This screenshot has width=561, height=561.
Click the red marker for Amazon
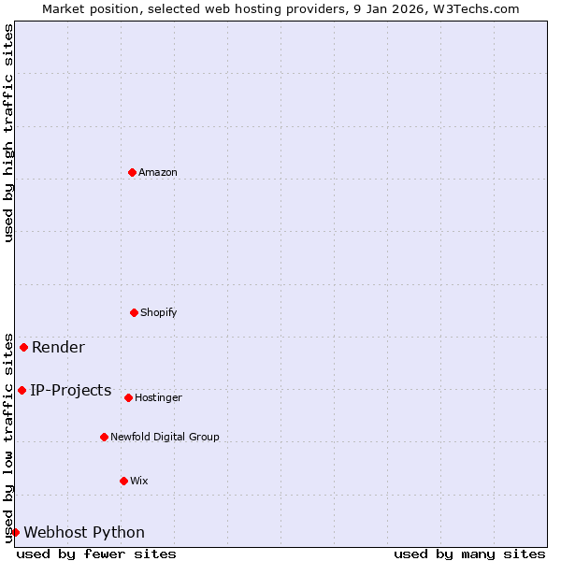coord(132,172)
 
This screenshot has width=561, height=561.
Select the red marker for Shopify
coord(134,312)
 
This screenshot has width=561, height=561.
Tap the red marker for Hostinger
coord(128,397)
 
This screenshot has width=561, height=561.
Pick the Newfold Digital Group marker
coord(104,437)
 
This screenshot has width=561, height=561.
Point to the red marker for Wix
coord(123,481)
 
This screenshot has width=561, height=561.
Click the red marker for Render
coord(23,347)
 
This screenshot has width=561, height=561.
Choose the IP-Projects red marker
coord(22,390)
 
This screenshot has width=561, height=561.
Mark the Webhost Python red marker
coord(15,532)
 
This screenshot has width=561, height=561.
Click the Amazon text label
coord(158,172)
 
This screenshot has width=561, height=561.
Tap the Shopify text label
coord(159,312)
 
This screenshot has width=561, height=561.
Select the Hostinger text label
coord(158,397)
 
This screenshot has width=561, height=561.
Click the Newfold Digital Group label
coord(165,437)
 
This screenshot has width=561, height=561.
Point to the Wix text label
coord(138,481)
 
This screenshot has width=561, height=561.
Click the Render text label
coord(58,348)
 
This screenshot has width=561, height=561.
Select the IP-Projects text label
coord(71,391)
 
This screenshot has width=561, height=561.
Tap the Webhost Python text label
coord(84,533)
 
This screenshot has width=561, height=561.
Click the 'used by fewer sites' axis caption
coord(96,554)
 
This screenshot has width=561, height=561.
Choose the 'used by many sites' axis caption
coord(469,554)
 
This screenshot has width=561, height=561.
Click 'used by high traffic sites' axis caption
coord(8,133)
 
